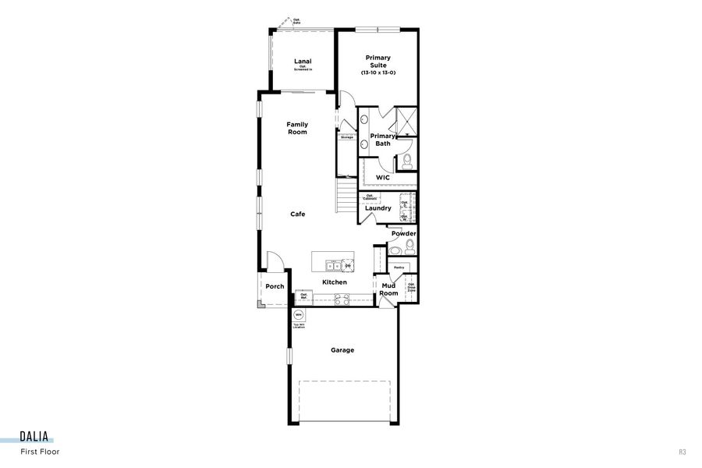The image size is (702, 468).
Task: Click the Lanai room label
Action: pos(303,61)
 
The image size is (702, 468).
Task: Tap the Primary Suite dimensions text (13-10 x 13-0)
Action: pos(378,73)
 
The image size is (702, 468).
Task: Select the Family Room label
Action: pos(297,128)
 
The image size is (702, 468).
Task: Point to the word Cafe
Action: pos(298,214)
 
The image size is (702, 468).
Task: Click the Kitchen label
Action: pos(335,282)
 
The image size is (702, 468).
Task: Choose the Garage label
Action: pos(342,350)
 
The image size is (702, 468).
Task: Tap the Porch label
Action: pos(275,286)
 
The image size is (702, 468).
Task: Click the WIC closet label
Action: pos(382,178)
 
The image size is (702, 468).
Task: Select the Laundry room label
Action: pos(378,208)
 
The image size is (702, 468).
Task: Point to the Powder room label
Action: pos(403,234)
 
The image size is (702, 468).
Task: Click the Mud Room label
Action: pos(388,290)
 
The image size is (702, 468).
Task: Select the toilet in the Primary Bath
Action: pos(406,162)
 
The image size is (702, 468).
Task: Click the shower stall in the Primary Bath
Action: pos(406,120)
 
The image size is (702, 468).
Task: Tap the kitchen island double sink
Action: pos(331,265)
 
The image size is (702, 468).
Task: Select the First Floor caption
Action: pos(40,452)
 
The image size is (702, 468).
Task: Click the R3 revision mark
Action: pos(682,452)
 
